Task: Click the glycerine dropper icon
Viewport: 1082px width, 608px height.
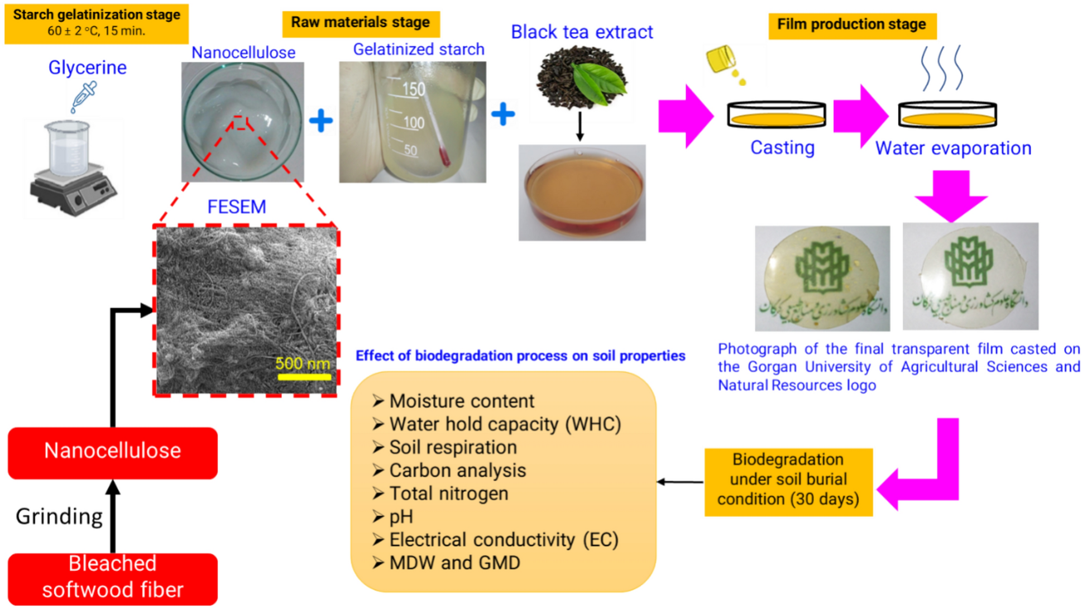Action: [84, 96]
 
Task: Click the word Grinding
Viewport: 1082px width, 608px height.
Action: [59, 516]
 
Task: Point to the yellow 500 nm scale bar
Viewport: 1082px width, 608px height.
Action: [304, 377]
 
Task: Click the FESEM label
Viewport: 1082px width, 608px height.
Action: [237, 207]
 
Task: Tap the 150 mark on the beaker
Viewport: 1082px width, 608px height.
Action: [414, 89]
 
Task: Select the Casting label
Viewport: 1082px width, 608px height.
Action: [782, 148]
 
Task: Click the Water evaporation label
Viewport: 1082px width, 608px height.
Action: [953, 149]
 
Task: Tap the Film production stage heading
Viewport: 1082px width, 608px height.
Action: [851, 25]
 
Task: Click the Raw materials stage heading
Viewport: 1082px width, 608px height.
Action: [361, 23]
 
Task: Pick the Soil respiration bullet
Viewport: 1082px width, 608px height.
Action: [453, 447]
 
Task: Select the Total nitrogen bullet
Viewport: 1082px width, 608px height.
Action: [448, 494]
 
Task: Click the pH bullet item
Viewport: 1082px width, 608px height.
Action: [401, 517]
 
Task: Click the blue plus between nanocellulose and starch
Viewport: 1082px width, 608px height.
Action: [321, 121]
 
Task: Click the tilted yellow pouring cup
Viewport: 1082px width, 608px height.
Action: [720, 59]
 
